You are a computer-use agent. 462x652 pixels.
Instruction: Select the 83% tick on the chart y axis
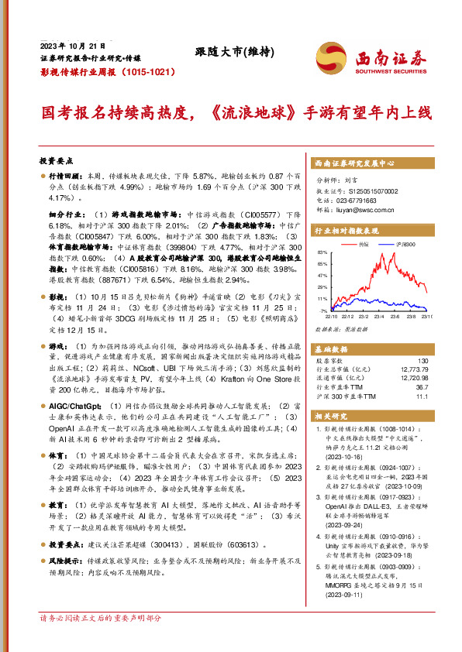point(322,253)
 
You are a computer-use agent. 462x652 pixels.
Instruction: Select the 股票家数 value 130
point(422,360)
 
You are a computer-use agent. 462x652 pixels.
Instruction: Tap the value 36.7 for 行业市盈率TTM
point(421,386)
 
